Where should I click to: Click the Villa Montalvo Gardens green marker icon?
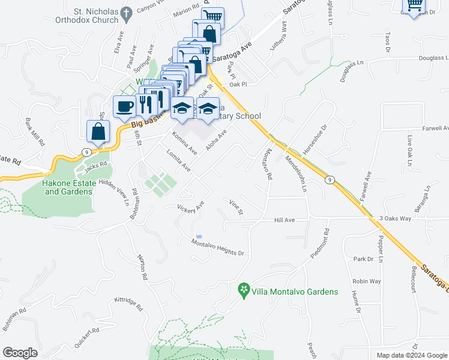point(244,292)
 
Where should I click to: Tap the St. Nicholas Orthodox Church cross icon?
point(126,13)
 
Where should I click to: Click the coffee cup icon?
point(125,106)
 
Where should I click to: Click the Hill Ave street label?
point(285,220)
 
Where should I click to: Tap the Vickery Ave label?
point(191,207)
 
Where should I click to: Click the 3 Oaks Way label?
point(395,218)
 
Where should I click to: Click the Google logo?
point(20,352)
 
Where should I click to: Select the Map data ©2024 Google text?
point(411,355)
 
